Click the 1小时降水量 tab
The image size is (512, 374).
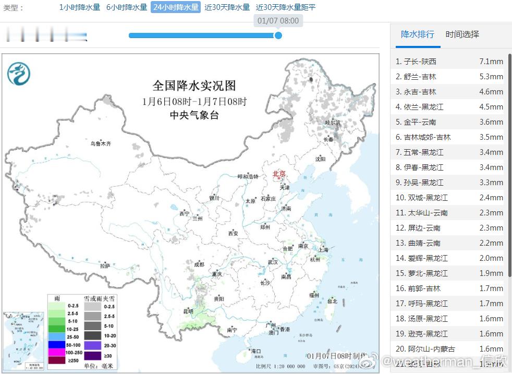(x=79, y=7)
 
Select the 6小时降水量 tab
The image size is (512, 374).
(x=127, y=7)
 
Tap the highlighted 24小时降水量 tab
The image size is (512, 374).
(x=176, y=7)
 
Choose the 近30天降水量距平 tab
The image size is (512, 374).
(x=286, y=7)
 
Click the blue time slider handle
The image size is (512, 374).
(x=278, y=35)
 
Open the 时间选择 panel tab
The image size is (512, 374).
(x=462, y=34)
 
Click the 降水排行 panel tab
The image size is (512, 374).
(x=417, y=34)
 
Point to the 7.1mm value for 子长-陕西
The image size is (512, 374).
(x=491, y=62)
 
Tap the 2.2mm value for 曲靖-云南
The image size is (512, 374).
(x=491, y=243)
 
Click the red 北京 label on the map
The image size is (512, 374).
(x=279, y=174)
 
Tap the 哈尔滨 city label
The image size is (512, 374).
(x=332, y=123)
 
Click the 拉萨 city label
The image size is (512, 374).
(x=105, y=266)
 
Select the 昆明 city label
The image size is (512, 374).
(x=188, y=311)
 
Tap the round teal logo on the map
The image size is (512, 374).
(x=19, y=74)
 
